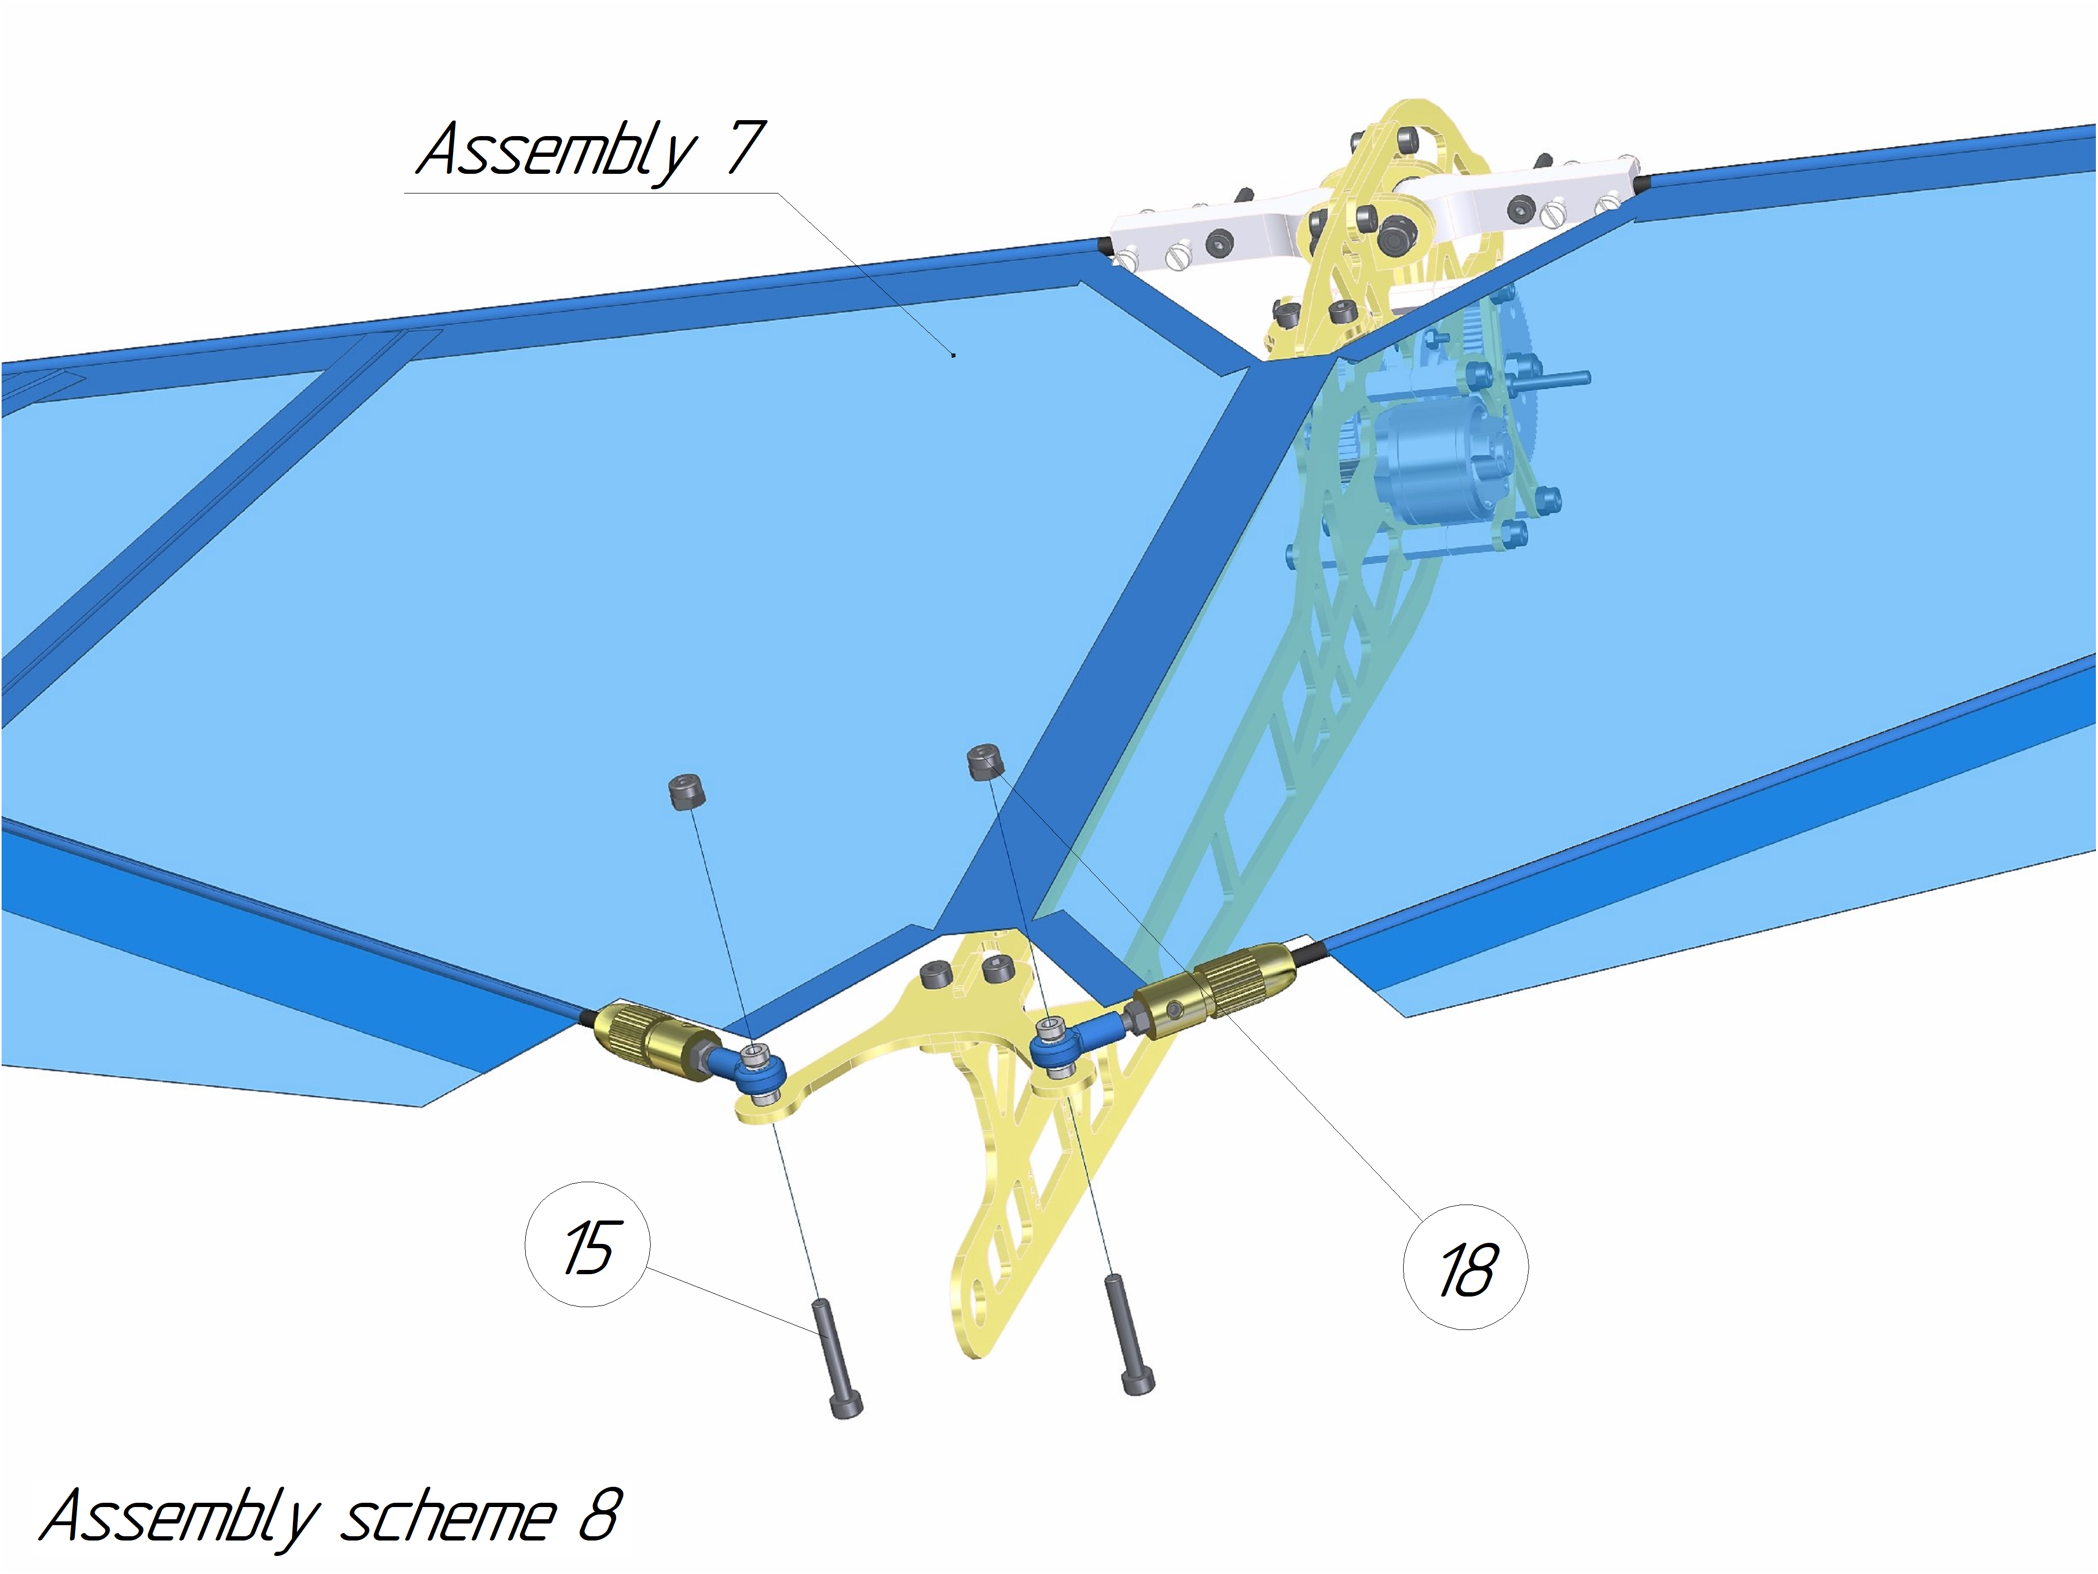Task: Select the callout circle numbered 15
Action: (587, 1244)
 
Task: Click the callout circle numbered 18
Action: (1465, 1267)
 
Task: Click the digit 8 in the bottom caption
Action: (600, 1515)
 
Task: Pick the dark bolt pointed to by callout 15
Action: (836, 1359)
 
